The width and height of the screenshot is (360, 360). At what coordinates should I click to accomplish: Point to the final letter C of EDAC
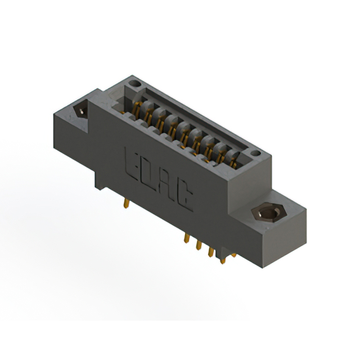[184, 200]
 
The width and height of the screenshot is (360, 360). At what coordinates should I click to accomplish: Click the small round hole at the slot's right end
[255, 153]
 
